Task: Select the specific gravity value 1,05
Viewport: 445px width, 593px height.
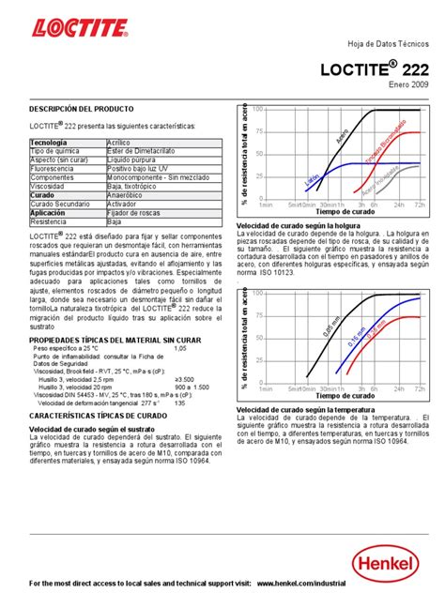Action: [181, 347]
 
